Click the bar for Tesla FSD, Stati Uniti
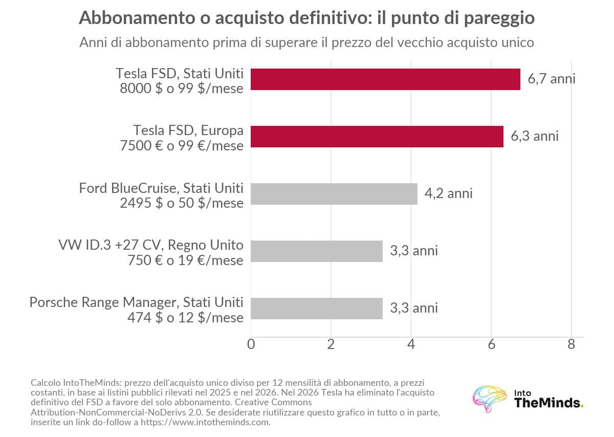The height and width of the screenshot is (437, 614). click(385, 79)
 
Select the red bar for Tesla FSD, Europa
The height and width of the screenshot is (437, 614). click(377, 137)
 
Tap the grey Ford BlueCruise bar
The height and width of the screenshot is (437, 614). click(334, 194)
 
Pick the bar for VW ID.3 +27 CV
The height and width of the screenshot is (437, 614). click(317, 251)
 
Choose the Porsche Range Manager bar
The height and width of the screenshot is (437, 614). click(317, 309)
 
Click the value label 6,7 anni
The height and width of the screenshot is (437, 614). click(551, 79)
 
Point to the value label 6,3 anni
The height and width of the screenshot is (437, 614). click(535, 136)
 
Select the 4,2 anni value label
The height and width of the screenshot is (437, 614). click(448, 193)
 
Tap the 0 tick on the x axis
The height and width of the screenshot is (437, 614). click(251, 344)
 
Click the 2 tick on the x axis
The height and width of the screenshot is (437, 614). click(331, 344)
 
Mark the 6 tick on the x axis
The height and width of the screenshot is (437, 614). click(491, 344)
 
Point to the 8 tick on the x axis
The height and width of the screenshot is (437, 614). click(571, 344)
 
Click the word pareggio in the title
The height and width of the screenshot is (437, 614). click(499, 18)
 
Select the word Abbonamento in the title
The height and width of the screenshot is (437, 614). click(137, 17)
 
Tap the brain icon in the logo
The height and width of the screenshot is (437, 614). click(490, 399)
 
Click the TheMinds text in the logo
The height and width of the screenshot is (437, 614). click(549, 403)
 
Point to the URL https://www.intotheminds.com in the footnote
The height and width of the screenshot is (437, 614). click(205, 422)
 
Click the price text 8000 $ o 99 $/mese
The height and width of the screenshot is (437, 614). click(182, 89)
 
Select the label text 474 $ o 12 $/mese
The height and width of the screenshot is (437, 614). click(185, 318)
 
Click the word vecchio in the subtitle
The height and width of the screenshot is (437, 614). click(410, 42)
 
